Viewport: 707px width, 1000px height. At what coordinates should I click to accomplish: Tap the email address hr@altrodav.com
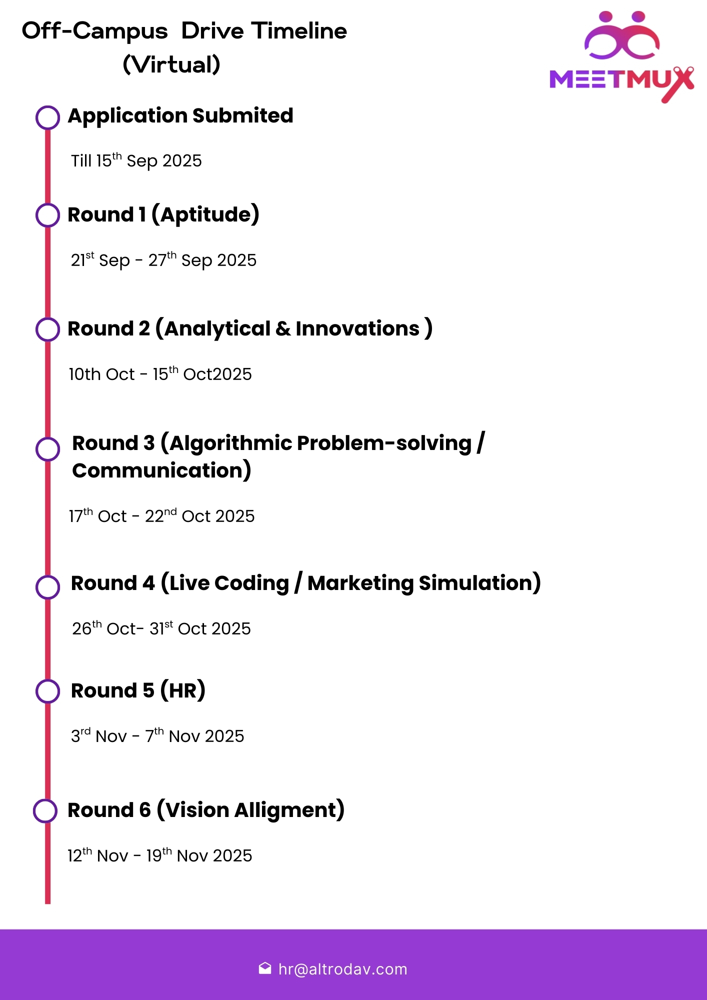342,969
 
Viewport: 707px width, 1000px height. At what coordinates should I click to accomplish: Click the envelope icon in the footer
265,968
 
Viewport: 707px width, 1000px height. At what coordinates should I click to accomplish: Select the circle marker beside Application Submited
48,117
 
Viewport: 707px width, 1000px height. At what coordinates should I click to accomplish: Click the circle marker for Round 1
48,215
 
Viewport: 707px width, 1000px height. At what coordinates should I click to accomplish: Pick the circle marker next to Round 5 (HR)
48,691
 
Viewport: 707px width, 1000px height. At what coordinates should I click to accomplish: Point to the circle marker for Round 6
45,810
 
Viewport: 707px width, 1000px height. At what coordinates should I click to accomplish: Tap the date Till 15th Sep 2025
136,161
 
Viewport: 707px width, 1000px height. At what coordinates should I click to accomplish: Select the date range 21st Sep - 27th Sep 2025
163,260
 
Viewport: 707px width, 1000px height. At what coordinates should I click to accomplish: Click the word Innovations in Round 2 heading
357,329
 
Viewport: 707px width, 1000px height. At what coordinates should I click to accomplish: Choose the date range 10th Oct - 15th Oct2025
160,374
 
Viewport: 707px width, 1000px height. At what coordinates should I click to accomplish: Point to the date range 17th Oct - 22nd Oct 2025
161,516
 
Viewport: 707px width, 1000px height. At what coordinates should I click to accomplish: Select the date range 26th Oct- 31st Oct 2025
161,628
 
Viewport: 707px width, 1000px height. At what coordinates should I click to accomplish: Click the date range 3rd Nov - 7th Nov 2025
157,736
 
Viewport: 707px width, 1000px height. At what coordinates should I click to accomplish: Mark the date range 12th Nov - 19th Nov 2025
159,855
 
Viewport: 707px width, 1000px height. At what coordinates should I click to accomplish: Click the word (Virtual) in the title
171,64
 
